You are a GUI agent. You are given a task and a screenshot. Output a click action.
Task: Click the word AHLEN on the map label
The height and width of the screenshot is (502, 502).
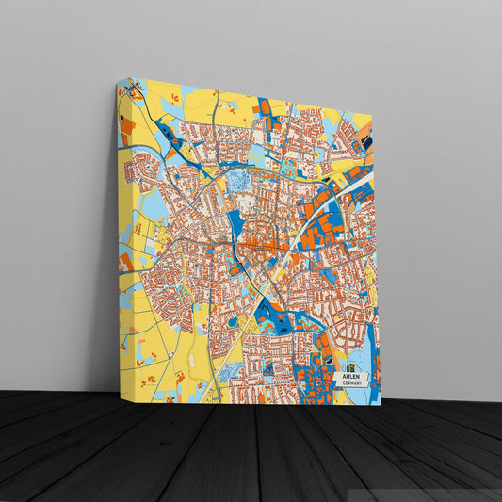351,376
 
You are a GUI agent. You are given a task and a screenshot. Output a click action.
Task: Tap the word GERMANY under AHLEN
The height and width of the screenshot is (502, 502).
352,384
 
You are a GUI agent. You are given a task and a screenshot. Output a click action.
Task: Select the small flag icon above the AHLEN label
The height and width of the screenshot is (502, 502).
351,366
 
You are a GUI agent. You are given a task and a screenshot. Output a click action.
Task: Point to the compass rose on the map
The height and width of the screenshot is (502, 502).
134,91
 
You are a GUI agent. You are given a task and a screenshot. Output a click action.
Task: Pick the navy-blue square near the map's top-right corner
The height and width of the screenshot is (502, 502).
367,143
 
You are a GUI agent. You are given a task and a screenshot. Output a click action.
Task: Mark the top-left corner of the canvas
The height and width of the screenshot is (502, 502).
118,79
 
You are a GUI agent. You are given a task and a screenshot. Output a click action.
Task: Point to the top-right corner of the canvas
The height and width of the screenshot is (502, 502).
372,116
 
